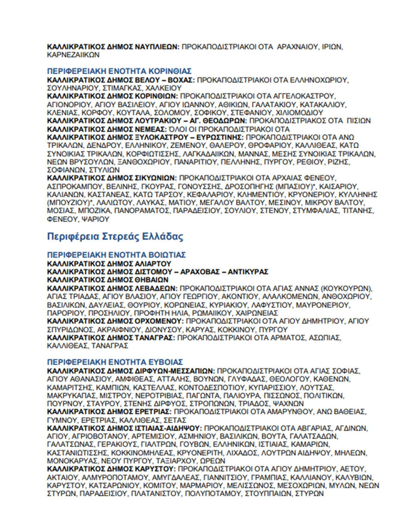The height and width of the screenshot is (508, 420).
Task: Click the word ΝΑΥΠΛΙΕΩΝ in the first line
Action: pos(157,47)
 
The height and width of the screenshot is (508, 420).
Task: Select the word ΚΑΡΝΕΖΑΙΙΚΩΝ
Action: pos(73,55)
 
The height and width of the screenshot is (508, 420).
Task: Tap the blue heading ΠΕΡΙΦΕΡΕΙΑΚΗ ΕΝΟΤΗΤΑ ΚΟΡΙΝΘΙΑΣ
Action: pos(119,71)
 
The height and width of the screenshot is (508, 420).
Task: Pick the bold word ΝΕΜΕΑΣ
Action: pos(151,129)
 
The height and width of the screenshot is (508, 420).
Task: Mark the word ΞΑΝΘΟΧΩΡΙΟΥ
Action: pos(144,162)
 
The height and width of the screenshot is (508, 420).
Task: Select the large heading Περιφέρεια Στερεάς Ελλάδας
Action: pos(115,237)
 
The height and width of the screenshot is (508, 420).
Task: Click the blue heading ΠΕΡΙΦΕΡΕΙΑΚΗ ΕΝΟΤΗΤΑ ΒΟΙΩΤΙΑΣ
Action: pos(116,255)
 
